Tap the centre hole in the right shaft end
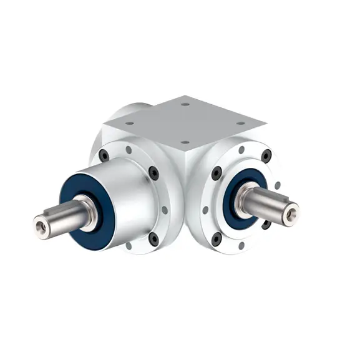coord(289,213)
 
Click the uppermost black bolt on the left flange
coord(104,156)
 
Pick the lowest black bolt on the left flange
coord(153,238)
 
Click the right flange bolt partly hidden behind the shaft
coord(266,223)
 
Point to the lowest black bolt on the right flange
coord(216,240)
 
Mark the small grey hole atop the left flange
coord(129,150)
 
